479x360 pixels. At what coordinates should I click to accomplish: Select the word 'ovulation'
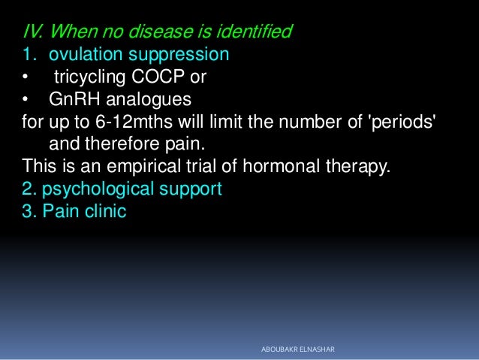tap(83, 55)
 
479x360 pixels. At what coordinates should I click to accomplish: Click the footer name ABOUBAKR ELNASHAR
tap(297, 350)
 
